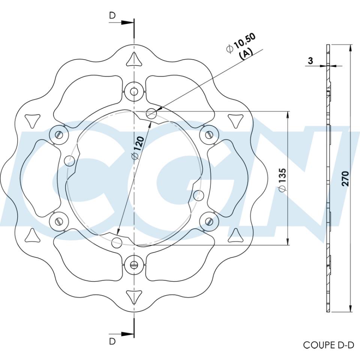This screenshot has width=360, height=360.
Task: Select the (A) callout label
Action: click(x=246, y=54)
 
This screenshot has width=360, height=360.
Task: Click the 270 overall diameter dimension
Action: click(x=345, y=178)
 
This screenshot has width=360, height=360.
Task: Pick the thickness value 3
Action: click(x=310, y=60)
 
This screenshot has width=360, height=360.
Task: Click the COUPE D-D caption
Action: click(x=328, y=345)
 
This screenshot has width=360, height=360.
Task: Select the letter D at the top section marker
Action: click(x=112, y=15)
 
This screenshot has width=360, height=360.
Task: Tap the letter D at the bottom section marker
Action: click(x=112, y=341)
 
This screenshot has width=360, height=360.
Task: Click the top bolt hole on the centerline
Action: click(x=134, y=91)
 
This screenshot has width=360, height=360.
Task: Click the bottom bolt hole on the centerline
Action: click(x=134, y=265)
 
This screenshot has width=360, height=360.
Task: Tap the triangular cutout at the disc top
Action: click(x=134, y=59)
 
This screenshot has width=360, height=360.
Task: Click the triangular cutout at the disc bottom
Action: click(x=134, y=297)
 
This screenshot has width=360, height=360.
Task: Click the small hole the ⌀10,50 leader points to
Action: click(x=151, y=113)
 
